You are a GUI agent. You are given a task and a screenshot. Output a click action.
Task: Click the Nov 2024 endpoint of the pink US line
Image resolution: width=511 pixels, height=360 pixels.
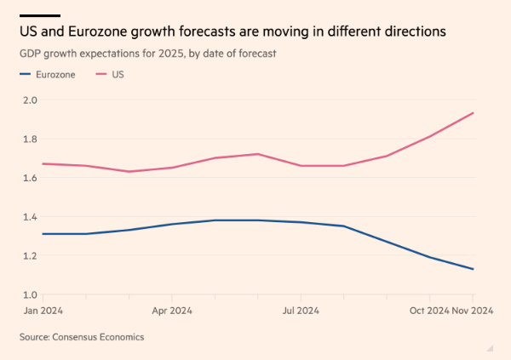[474, 112]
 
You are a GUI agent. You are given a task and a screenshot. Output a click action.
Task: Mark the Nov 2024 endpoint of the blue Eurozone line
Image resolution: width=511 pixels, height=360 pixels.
[474, 269]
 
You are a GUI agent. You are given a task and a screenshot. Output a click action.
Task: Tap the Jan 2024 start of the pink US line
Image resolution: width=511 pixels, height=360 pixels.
[43, 163]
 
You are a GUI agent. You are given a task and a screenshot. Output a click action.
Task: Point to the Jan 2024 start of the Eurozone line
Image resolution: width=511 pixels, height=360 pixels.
[43, 234]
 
